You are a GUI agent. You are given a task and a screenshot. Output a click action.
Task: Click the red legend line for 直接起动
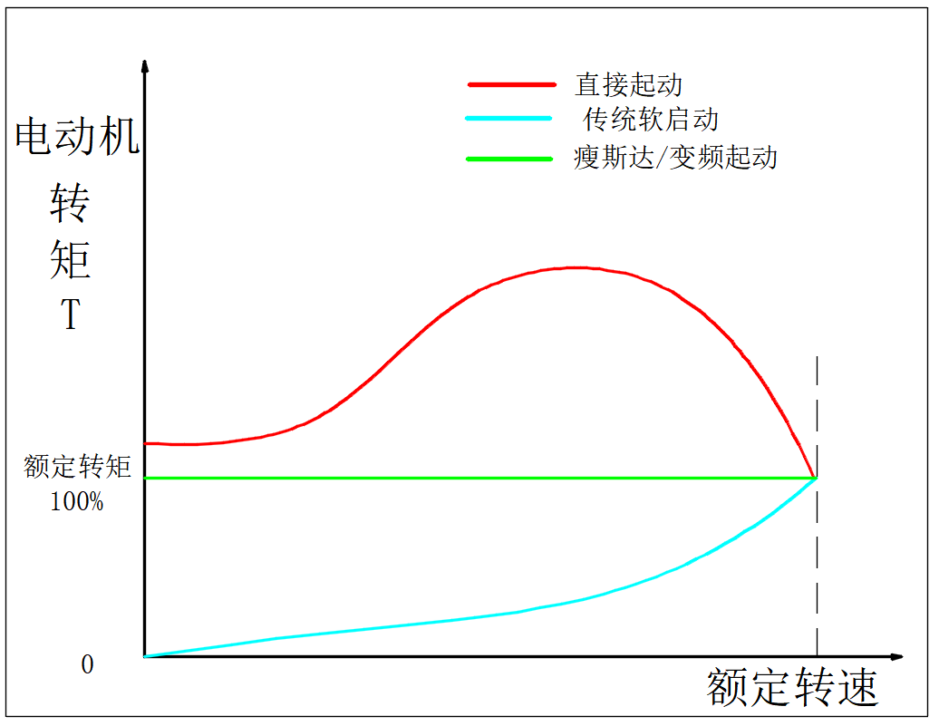511,84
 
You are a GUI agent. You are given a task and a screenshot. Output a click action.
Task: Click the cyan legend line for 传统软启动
508,119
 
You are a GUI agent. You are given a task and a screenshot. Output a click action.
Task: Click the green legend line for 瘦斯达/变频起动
508,159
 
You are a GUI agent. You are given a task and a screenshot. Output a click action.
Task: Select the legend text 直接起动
628,85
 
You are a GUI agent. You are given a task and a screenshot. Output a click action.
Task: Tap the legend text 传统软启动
651,120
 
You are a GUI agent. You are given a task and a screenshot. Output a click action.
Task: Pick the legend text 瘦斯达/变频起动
675,158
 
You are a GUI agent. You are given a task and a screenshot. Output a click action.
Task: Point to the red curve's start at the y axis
147,443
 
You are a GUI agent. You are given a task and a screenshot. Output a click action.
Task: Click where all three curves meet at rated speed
817,478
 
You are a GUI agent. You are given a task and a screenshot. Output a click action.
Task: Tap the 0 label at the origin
87,665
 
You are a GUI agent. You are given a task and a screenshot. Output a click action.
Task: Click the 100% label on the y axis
77,501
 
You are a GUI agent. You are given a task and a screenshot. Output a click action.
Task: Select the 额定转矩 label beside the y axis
78,467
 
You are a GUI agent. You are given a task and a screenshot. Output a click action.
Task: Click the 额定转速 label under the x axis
792,688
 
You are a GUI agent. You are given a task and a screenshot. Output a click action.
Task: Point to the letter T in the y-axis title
70,315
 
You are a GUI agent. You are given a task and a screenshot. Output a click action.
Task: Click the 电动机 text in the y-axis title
77,138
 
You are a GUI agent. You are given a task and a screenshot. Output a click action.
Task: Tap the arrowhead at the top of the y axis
145,65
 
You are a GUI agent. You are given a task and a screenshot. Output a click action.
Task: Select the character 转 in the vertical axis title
70,203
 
